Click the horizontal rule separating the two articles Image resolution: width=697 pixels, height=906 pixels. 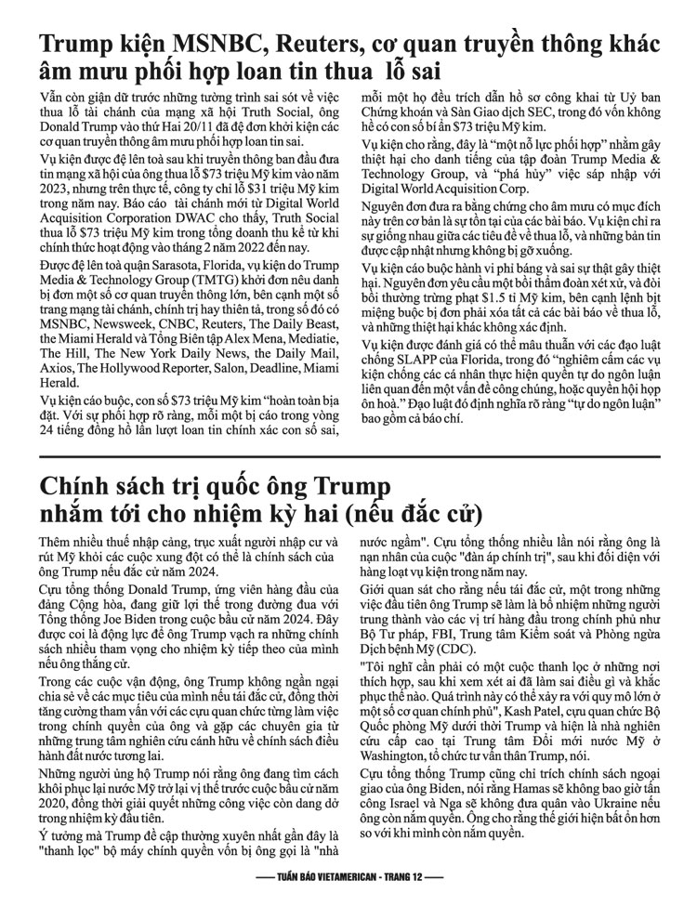pyautogui.click(x=348, y=458)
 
